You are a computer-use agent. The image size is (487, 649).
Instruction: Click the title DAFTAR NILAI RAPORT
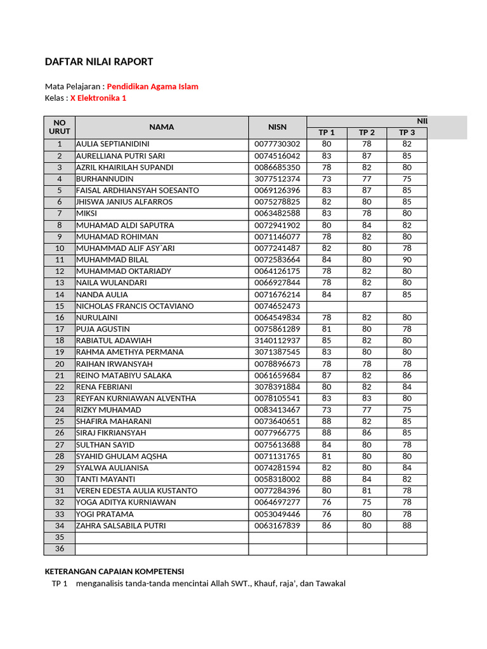point(99,61)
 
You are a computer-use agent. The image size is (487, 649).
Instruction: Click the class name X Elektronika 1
point(98,98)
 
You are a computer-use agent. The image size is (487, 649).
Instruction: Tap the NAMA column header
point(162,127)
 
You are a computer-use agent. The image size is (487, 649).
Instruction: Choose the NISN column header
point(277,127)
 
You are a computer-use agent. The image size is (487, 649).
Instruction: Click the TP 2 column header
point(367,132)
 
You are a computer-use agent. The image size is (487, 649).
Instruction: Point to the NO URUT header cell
point(60,127)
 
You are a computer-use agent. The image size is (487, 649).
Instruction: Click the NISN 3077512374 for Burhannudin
point(277,179)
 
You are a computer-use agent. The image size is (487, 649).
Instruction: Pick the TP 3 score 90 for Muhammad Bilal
point(406,260)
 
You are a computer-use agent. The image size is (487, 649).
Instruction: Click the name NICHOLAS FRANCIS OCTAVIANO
point(135,306)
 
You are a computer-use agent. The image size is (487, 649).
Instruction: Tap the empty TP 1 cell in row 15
point(327,306)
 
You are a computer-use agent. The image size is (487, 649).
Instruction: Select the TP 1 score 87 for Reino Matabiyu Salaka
point(327,375)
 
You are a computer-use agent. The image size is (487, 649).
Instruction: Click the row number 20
point(60,364)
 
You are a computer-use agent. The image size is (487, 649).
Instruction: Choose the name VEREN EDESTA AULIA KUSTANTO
point(136,491)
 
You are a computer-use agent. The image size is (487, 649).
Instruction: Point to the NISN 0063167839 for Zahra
point(277,525)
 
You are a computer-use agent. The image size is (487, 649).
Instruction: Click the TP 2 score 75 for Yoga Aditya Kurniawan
point(367,502)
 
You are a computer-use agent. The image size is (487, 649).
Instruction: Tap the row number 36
point(60,549)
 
